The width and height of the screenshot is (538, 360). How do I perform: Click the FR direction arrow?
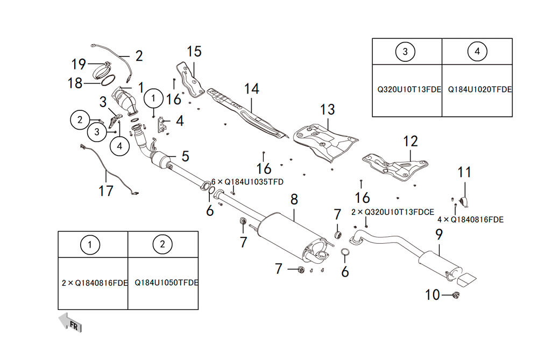tap(70, 322)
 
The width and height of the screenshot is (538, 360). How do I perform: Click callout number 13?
tap(327, 110)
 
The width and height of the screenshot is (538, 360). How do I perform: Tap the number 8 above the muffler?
tap(294, 200)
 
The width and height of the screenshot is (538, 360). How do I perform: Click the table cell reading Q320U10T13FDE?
tap(406, 90)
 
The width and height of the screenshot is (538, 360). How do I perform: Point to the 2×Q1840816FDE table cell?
tap(95, 283)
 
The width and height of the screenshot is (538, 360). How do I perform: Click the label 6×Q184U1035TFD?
tap(247, 182)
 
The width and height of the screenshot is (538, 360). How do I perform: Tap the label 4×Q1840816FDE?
tap(470, 219)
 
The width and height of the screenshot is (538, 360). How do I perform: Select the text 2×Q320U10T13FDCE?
tap(392, 212)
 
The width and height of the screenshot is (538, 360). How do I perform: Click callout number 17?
tap(106, 190)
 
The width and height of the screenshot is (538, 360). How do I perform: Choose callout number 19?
tap(79, 65)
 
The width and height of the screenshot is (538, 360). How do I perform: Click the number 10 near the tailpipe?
tap(433, 295)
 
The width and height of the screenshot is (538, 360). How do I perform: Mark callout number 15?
tap(194, 52)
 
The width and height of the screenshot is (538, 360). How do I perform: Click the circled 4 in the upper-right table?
tap(477, 52)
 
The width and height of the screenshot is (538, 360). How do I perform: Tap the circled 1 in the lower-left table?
tap(93, 245)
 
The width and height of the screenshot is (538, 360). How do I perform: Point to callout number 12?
tap(410, 142)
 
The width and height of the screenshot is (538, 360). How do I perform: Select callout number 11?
tap(464, 173)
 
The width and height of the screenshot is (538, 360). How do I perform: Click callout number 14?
tap(252, 88)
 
